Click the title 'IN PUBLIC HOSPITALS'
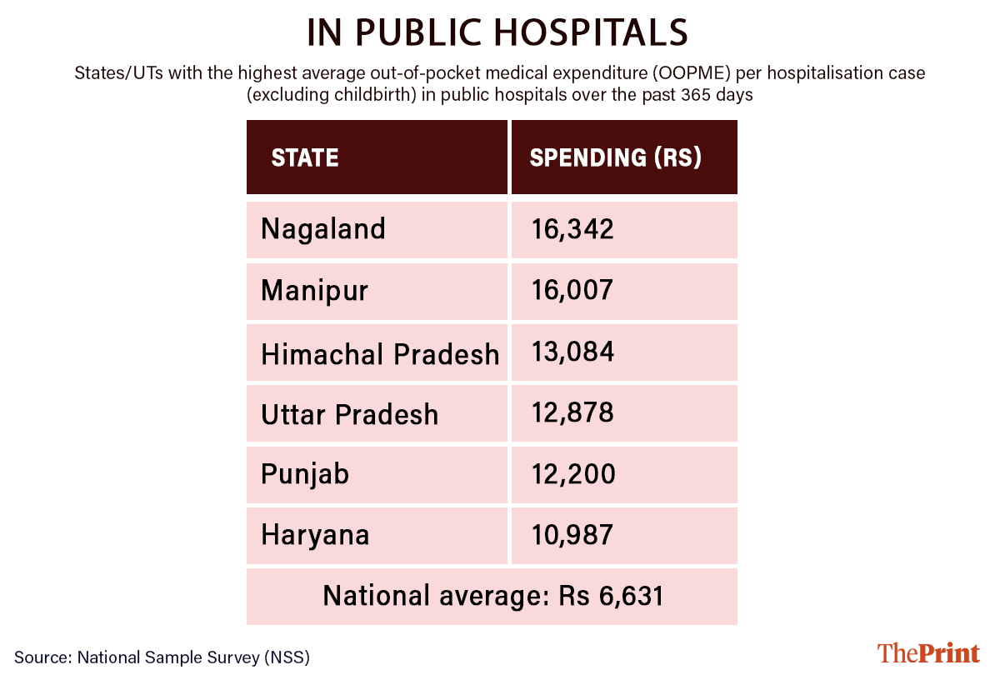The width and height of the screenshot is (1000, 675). pos(498,32)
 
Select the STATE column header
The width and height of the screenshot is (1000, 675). pos(305,157)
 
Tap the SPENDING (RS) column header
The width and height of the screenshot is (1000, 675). pos(616,157)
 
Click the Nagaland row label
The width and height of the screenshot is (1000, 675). pos(323,229)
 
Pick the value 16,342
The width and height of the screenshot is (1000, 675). pos(573,229)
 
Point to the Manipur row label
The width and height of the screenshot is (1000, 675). pos(314,291)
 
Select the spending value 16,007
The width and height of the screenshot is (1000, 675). pos(573,291)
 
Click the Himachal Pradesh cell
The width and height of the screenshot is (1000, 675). pos(380,353)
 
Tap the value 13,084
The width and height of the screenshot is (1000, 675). pos(573,352)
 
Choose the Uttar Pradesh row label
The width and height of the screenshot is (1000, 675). pos(350,414)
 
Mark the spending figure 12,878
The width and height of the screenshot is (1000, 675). pos(573,413)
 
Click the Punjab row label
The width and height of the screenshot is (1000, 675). pos(305,475)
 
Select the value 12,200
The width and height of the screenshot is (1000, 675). pos(574,475)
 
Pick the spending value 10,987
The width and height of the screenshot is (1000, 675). pos(573,535)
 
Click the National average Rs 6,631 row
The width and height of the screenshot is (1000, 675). pos(492,597)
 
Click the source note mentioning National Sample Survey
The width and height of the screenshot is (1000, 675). pos(162,657)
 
